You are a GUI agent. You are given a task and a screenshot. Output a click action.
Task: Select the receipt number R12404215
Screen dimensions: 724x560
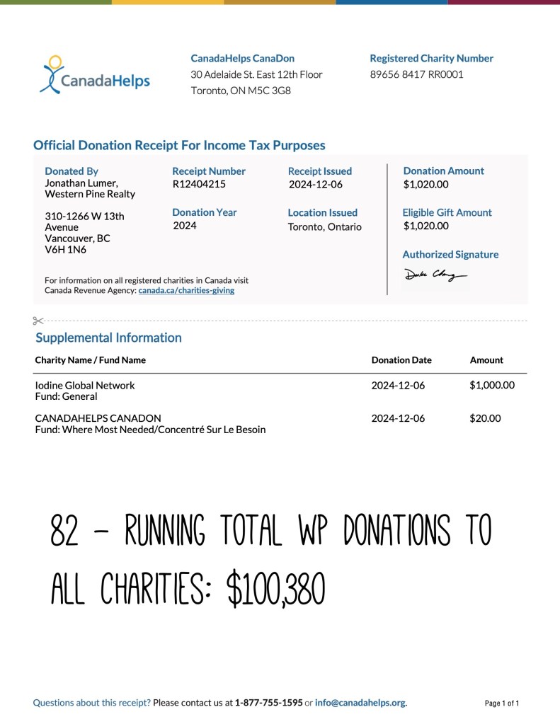(x=199, y=185)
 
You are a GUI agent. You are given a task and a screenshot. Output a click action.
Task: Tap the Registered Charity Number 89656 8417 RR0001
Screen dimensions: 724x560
(x=416, y=74)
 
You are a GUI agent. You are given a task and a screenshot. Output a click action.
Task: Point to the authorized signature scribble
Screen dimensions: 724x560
(x=435, y=275)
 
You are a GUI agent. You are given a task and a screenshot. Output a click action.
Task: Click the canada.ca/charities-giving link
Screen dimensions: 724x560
(x=186, y=290)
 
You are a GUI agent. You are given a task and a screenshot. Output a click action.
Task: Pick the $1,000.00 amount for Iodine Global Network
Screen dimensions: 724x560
(x=491, y=386)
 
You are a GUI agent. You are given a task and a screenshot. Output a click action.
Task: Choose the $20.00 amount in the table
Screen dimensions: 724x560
(x=485, y=418)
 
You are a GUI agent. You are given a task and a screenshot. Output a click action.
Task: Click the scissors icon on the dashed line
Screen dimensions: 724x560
(x=38, y=321)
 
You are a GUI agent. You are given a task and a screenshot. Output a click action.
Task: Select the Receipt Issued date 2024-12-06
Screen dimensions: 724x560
(x=316, y=185)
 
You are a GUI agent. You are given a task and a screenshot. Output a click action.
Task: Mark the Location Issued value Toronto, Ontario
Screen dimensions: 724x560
(x=324, y=226)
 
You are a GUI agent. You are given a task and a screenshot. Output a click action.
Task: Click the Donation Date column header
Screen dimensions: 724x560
(x=401, y=360)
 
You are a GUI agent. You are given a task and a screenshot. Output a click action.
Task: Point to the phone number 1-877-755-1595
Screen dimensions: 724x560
(x=268, y=703)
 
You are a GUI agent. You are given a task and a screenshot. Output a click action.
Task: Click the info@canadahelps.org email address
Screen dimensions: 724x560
(x=360, y=703)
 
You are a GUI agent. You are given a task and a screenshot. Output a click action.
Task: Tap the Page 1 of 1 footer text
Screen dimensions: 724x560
(x=502, y=703)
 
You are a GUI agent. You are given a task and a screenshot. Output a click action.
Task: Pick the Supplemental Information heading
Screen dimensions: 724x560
(x=108, y=338)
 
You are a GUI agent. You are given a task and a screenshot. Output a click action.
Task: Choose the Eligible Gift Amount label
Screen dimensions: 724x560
(x=447, y=212)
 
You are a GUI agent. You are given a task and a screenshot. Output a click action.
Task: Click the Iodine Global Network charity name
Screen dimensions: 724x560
(x=85, y=386)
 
